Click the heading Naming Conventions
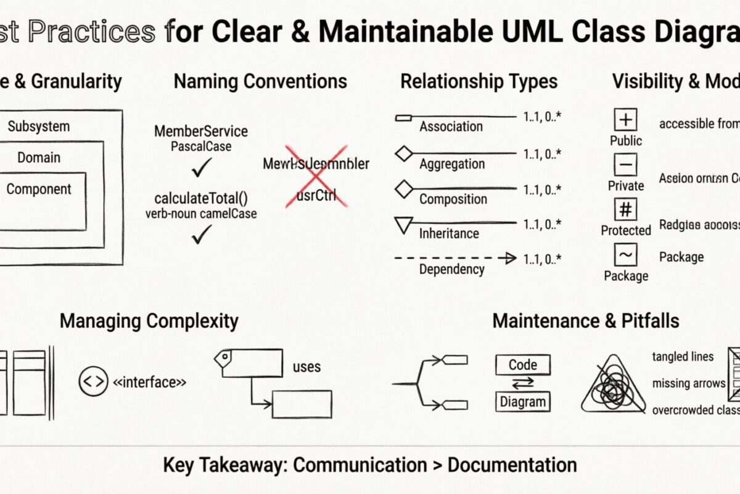pos(260,82)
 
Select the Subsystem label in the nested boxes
pos(38,127)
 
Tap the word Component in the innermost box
pos(39,190)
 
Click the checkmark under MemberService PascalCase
pos(201,167)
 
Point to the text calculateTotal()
pos(201,199)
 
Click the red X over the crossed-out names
pos(316,176)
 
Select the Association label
pos(451,127)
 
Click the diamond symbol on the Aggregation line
pos(404,154)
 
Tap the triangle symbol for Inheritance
pos(403,225)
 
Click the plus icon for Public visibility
pos(625,119)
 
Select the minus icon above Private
pos(625,165)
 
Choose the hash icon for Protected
pos(625,210)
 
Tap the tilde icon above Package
pos(625,254)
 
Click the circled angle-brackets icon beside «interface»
pos(93,382)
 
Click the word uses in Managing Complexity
pos(306,367)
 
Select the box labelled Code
pos(522,365)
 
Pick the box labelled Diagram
pos(522,402)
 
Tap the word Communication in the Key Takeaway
pos(360,465)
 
